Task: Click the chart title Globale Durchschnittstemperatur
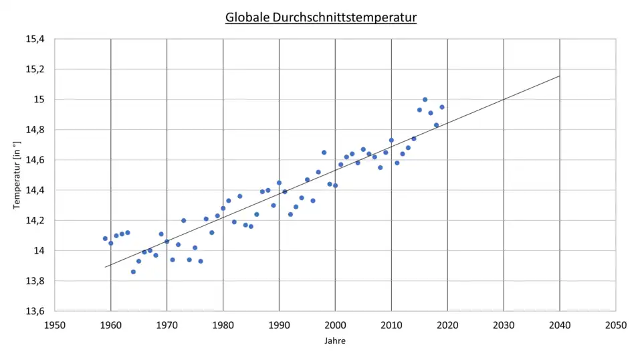click(x=321, y=17)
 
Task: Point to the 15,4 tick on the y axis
click(x=35, y=39)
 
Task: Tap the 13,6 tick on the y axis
click(x=35, y=311)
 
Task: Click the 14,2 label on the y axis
click(x=35, y=220)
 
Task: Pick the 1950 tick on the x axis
click(x=55, y=325)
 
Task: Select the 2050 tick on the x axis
click(x=615, y=325)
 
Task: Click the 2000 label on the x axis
click(x=335, y=325)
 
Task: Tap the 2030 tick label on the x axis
click(x=504, y=325)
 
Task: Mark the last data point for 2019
click(x=442, y=107)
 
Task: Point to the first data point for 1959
click(x=105, y=238)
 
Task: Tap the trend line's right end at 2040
click(x=560, y=76)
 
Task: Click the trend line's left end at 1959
click(x=105, y=267)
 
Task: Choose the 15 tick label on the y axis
click(x=39, y=99)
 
